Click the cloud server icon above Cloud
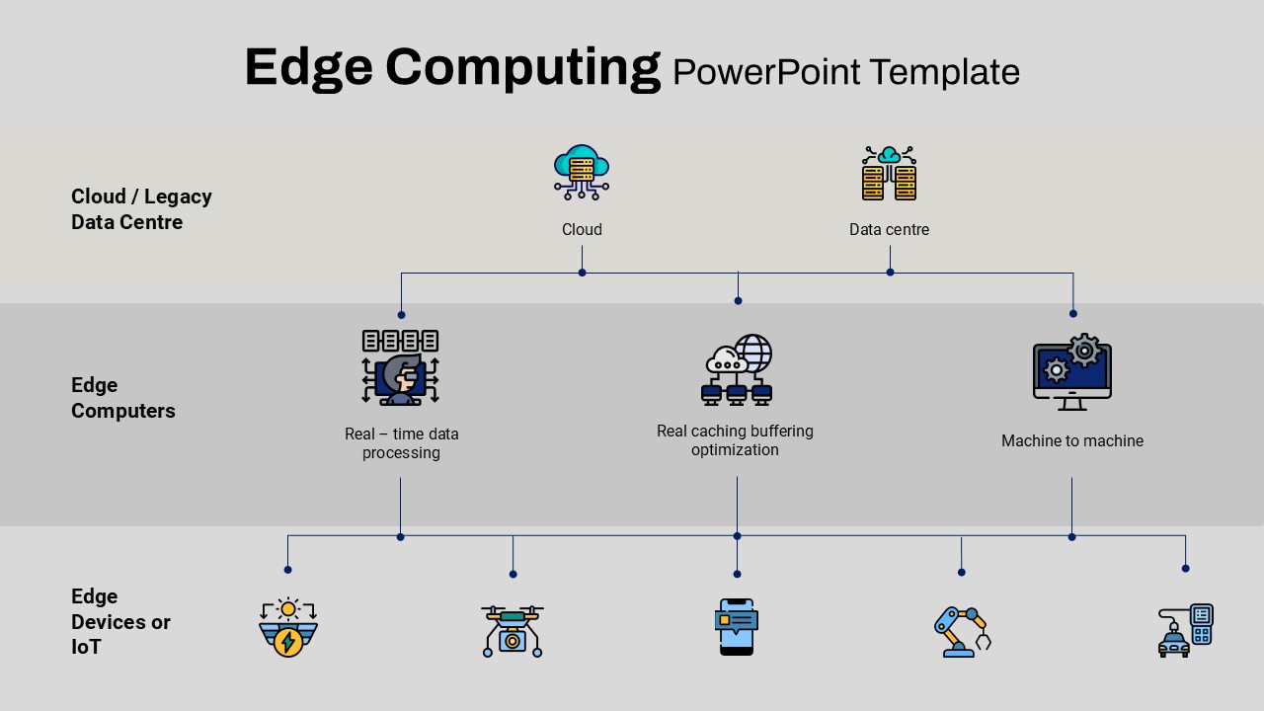pyautogui.click(x=582, y=173)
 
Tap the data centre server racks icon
pyautogui.click(x=890, y=173)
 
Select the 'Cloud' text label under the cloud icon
pyautogui.click(x=582, y=230)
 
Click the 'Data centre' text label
pyautogui.click(x=890, y=230)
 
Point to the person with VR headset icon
pyautogui.click(x=401, y=367)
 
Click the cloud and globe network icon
pyautogui.click(x=737, y=369)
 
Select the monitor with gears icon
pyautogui.click(x=1072, y=372)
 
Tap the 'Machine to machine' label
pyautogui.click(x=1072, y=440)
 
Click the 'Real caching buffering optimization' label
pyautogui.click(x=735, y=440)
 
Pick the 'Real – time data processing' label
pyautogui.click(x=401, y=443)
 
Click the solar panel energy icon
pyautogui.click(x=288, y=627)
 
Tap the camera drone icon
pyautogui.click(x=513, y=631)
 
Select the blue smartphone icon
pyautogui.click(x=737, y=627)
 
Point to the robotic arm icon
pyautogui.click(x=963, y=632)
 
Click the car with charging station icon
pyautogui.click(x=1186, y=631)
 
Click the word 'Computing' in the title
pyautogui.click(x=523, y=68)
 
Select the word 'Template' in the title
pyautogui.click(x=945, y=72)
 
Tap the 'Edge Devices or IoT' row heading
pyautogui.click(x=120, y=622)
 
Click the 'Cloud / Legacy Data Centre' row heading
pyautogui.click(x=141, y=209)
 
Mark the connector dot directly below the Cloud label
pyautogui.click(x=582, y=274)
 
